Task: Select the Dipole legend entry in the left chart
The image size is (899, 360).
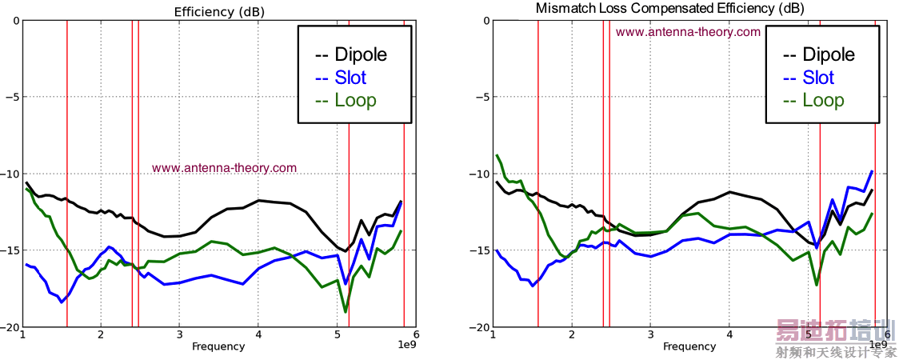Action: [x=352, y=54]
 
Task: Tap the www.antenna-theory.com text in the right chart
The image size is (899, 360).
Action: [x=688, y=32]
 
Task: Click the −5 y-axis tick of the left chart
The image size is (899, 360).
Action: [x=11, y=97]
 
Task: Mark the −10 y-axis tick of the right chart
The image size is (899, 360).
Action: [x=481, y=174]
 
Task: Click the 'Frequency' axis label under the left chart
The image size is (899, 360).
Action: [x=218, y=346]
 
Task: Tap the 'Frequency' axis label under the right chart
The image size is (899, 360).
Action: [x=689, y=346]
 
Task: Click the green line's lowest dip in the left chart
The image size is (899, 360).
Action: [x=346, y=311]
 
